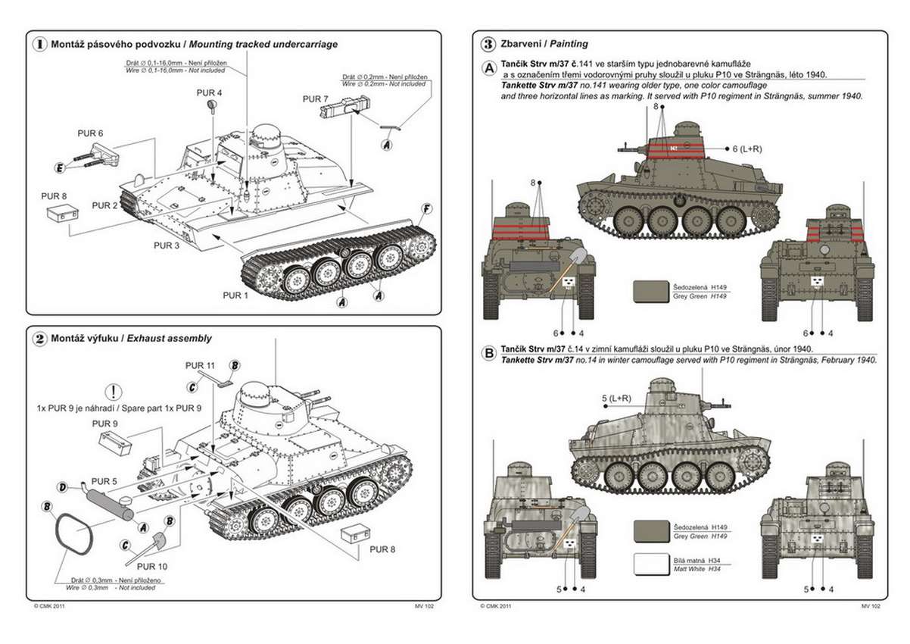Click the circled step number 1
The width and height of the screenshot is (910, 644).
pos(39,44)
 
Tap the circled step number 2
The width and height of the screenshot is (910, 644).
pos(39,339)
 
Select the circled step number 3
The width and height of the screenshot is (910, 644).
pos(489,44)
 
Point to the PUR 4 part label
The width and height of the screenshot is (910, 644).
pos(209,92)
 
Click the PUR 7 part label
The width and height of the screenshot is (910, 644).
pos(315,98)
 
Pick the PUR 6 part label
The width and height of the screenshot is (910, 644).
pos(90,133)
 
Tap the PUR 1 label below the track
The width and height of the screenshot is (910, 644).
pos(235,295)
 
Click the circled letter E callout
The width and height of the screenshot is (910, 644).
pos(59,167)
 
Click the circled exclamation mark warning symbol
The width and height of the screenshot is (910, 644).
pos(113,392)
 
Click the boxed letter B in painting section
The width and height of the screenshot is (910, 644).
pos(490,354)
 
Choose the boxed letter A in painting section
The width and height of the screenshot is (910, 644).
pos(490,69)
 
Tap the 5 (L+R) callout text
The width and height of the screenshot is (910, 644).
pos(615,398)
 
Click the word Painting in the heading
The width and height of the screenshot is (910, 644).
pos(569,44)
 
